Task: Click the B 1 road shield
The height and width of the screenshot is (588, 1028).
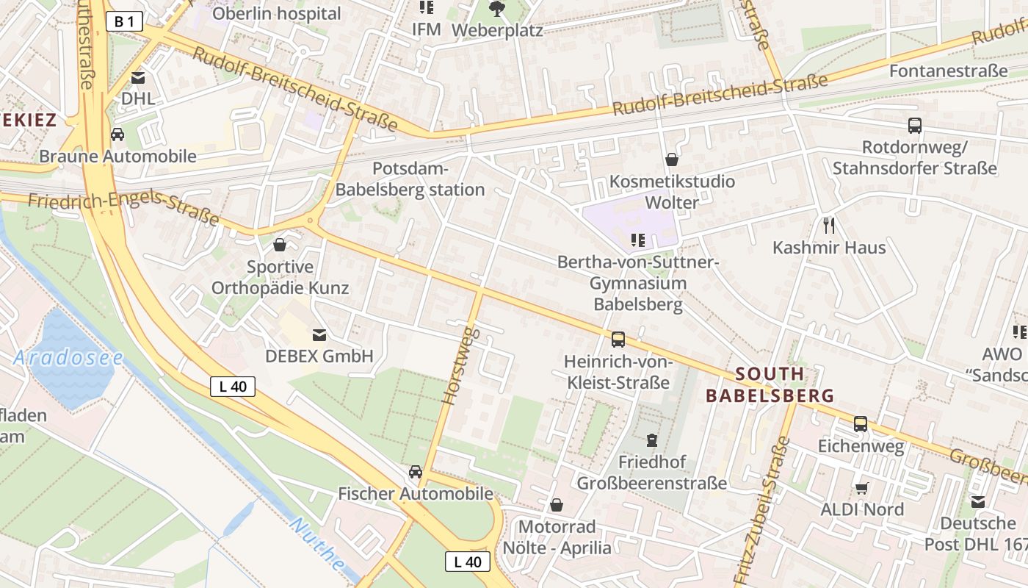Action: (124, 22)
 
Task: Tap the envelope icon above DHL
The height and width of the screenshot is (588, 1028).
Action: (138, 78)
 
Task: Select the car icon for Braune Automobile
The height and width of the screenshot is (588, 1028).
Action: (117, 135)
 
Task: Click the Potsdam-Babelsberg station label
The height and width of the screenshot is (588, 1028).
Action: (410, 179)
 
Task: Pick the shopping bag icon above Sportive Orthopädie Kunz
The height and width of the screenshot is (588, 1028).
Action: (280, 245)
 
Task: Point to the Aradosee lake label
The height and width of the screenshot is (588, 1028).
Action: (68, 358)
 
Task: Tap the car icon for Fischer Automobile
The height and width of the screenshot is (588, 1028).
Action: (416, 472)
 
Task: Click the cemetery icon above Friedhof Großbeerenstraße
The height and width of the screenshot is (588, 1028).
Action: (651, 440)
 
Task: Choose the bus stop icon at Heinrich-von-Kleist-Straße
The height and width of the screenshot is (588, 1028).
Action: (618, 340)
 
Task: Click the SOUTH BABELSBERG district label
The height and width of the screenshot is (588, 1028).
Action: (770, 384)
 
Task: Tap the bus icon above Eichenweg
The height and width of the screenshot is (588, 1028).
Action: (860, 424)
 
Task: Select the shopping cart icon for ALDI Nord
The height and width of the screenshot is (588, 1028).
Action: (861, 488)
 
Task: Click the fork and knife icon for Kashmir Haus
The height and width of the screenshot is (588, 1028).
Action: (829, 225)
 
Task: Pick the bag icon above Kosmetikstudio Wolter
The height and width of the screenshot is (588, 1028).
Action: (671, 159)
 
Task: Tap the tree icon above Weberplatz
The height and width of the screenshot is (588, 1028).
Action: (497, 9)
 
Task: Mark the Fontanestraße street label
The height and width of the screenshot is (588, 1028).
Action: (948, 71)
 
